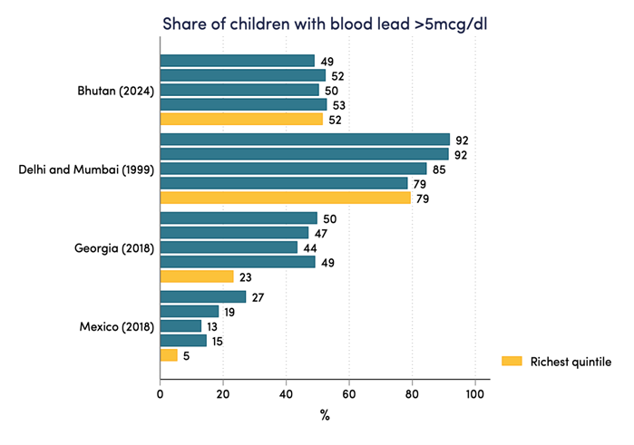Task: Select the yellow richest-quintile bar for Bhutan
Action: click(x=241, y=119)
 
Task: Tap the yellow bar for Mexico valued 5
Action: click(x=169, y=355)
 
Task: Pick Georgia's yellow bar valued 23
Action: click(x=197, y=276)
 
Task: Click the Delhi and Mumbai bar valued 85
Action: click(x=293, y=169)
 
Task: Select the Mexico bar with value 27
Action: click(x=203, y=297)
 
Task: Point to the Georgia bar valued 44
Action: click(x=229, y=247)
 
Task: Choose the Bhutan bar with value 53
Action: click(x=243, y=104)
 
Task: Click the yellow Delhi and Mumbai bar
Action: click(x=285, y=198)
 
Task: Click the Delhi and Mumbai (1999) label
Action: click(x=87, y=169)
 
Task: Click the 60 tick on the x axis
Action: click(x=349, y=394)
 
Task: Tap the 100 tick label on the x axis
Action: click(x=474, y=394)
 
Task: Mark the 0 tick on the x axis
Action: click(x=161, y=394)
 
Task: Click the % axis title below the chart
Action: click(x=325, y=416)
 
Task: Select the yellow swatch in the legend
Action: click(x=512, y=362)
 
